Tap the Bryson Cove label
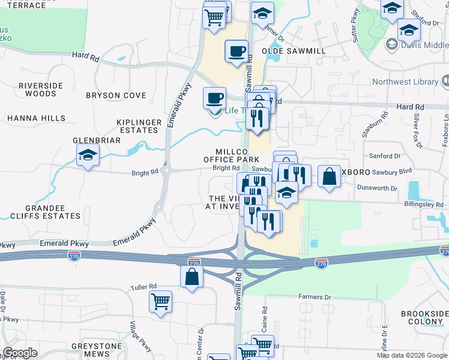click(x=116, y=95)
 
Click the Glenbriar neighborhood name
click(x=97, y=140)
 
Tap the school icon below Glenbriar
click(x=88, y=157)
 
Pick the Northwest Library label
click(x=405, y=82)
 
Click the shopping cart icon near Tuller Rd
click(x=161, y=301)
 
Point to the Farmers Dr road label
click(x=315, y=297)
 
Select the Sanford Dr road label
click(x=385, y=156)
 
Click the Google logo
click(x=20, y=352)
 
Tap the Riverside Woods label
click(x=41, y=89)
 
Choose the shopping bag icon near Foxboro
click(x=330, y=176)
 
